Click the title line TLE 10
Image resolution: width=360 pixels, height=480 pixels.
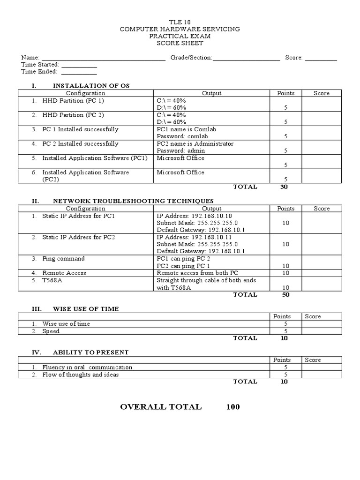coord(180,22)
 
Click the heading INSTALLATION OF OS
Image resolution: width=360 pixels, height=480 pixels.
coord(91,86)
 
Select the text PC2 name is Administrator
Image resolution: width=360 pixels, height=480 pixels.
coord(195,143)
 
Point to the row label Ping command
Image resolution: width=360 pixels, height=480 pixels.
coord(63,258)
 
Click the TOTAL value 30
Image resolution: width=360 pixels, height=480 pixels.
coord(284,187)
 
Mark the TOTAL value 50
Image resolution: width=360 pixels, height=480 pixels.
coord(285,294)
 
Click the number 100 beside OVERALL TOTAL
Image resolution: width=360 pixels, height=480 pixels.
coord(232,407)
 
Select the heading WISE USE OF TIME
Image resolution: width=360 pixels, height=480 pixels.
coord(86,309)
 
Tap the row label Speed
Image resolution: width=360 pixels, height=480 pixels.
coord(51,331)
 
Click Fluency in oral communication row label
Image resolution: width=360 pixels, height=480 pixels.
coord(87,367)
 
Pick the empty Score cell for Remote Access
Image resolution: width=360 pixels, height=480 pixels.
coord(322,273)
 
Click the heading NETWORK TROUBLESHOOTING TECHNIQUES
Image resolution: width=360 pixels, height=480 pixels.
coord(133,201)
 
